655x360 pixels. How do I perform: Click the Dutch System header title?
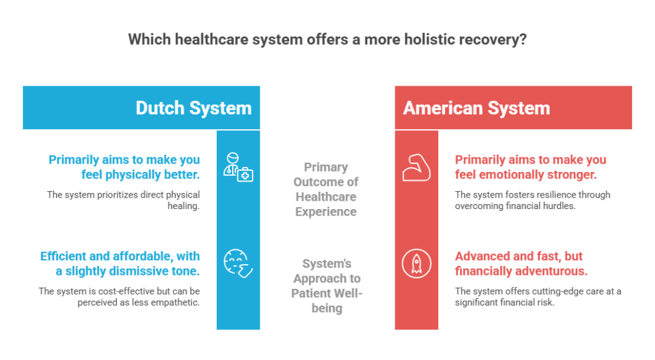(193, 107)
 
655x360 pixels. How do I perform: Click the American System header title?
(477, 107)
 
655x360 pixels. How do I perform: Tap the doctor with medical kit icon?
(238, 167)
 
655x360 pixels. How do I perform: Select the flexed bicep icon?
(416, 167)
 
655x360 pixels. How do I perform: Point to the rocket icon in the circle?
(416, 263)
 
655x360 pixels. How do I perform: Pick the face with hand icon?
(238, 263)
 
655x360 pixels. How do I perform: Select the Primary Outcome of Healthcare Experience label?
(326, 189)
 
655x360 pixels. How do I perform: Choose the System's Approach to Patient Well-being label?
(326, 286)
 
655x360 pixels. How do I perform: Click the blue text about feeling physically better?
(124, 166)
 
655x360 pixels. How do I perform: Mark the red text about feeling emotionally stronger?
(530, 166)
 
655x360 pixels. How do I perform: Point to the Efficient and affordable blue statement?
(120, 263)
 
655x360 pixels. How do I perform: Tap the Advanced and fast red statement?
(519, 263)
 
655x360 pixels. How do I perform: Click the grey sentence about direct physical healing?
(123, 200)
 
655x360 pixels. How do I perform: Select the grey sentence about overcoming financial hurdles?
(533, 200)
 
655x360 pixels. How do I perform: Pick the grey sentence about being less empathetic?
(119, 297)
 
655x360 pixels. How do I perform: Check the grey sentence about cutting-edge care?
(538, 297)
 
